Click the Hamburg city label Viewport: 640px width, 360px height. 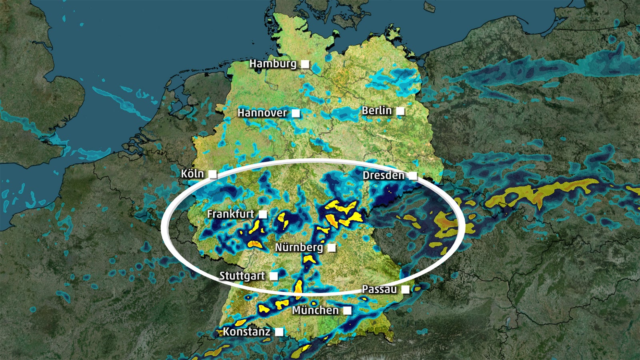273,64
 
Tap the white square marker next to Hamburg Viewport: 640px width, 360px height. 305,64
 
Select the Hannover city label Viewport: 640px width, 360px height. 262,113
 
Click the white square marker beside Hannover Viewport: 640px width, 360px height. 296,113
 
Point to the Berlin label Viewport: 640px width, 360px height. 376,110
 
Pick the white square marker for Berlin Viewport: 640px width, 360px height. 400,111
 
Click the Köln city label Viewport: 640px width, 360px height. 192,174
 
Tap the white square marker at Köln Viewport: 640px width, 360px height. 213,174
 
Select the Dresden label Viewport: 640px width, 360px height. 383,175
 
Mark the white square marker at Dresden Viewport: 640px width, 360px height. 413,176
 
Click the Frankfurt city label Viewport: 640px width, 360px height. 230,214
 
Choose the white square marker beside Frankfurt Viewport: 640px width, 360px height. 263,214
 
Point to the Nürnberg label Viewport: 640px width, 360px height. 299,247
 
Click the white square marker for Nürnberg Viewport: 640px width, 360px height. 332,248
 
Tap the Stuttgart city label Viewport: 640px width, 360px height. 242,276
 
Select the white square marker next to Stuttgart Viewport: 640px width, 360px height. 274,276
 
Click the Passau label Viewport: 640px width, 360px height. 379,289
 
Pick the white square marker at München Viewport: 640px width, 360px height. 347,310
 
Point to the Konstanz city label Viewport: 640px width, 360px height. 246,332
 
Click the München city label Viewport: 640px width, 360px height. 315,310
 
